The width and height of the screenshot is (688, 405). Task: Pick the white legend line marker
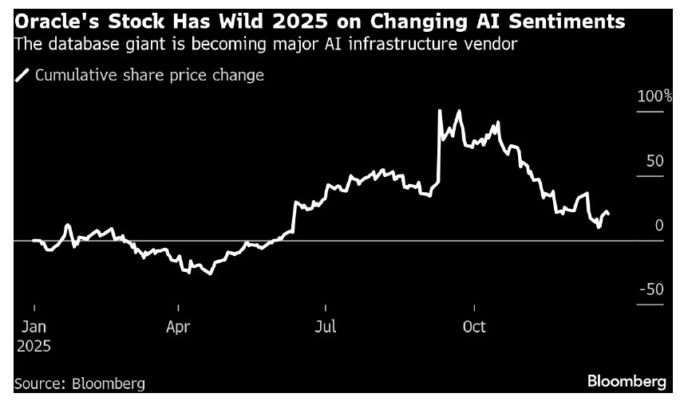[22, 76]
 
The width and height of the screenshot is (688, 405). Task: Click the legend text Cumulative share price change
[149, 76]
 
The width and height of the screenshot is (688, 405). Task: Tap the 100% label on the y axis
[654, 96]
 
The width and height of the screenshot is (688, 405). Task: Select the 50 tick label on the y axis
[654, 161]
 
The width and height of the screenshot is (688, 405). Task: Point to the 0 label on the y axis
[659, 226]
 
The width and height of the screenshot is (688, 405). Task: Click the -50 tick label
[651, 289]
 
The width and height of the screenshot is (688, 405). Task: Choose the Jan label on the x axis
[34, 328]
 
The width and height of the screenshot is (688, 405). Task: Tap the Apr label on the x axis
[179, 328]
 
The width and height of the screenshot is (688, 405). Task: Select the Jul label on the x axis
[325, 328]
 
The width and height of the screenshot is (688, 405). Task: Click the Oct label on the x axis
[474, 328]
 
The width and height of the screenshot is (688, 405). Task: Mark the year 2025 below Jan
[34, 347]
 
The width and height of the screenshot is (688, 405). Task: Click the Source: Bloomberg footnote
[80, 383]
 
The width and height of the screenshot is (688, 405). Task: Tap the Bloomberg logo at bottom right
[627, 382]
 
